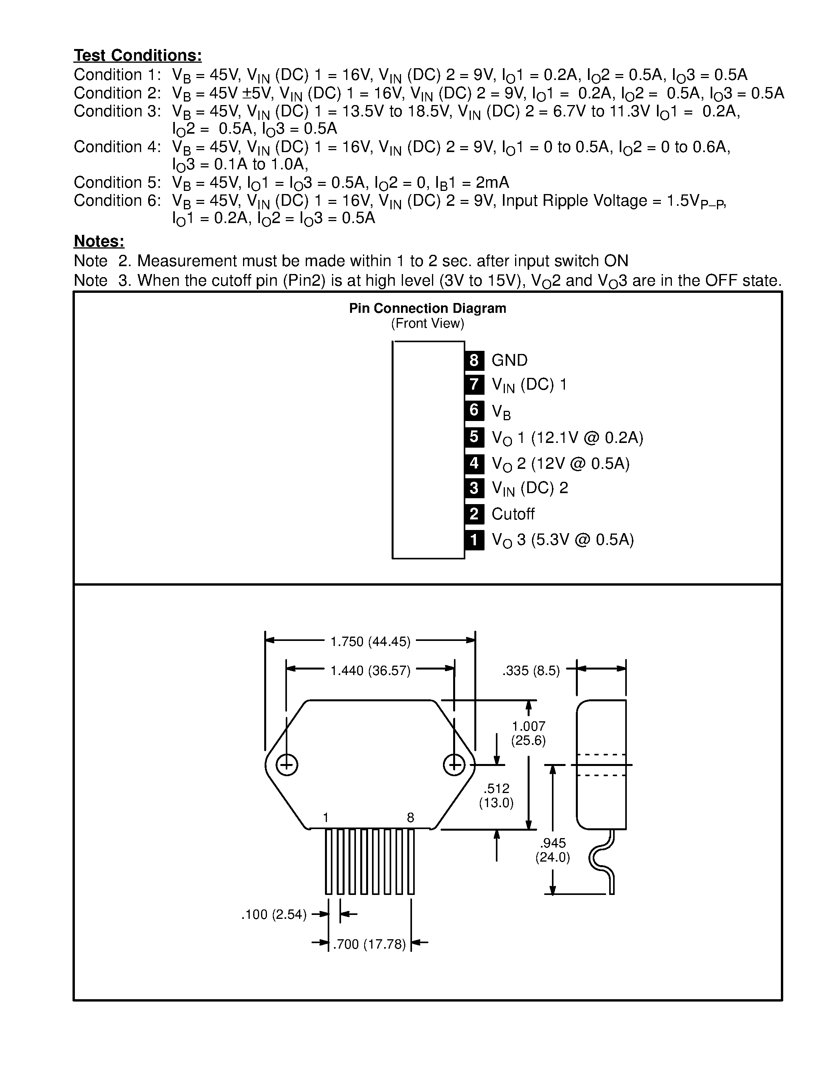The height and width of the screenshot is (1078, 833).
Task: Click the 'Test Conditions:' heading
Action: click(138, 55)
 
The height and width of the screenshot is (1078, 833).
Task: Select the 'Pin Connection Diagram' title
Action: click(427, 309)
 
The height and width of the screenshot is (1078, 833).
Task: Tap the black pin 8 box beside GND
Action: click(474, 360)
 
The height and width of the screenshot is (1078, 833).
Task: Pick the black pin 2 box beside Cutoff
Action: click(474, 514)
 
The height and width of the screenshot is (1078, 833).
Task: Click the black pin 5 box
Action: click(474, 437)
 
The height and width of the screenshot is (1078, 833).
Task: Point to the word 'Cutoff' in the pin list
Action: click(513, 514)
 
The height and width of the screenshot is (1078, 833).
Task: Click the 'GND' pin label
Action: click(509, 360)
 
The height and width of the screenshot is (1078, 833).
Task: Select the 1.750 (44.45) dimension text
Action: click(370, 641)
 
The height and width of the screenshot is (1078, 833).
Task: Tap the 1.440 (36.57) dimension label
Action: click(370, 670)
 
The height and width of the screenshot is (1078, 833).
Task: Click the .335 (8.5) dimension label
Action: click(531, 670)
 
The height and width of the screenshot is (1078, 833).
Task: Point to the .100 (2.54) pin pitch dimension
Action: click(274, 915)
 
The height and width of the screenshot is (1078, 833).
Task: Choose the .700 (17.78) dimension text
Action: click(369, 944)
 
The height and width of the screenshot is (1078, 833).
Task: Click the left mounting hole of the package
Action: click(286, 765)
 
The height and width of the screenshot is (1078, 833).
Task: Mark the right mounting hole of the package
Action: click(454, 765)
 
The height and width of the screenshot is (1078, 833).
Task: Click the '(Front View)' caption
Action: click(427, 323)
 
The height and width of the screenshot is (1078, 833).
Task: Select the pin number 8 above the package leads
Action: click(410, 818)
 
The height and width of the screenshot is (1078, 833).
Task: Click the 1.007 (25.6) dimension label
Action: click(528, 733)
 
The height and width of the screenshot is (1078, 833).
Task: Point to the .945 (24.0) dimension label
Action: click(552, 850)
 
